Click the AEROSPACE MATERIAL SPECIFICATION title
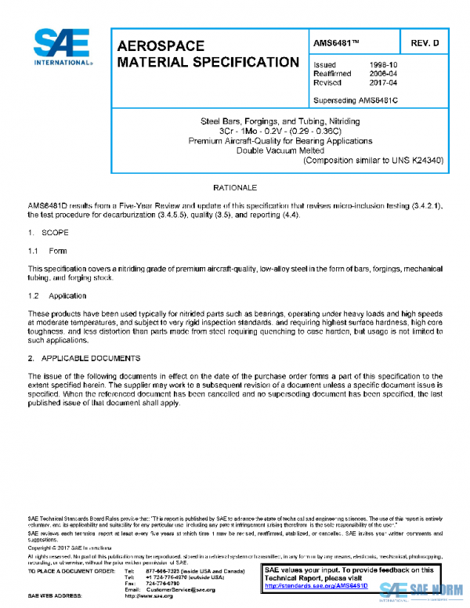click(208, 54)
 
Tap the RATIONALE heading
click(235, 189)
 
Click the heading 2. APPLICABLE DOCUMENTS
click(84, 358)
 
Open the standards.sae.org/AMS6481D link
click(316, 585)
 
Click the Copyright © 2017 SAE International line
click(70, 549)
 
